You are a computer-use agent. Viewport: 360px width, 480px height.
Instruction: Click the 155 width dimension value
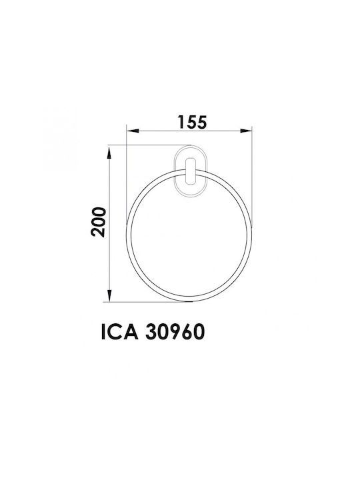point(192,122)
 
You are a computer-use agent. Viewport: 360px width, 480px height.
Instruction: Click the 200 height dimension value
point(98,221)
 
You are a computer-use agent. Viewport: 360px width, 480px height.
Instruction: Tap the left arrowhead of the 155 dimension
point(133,131)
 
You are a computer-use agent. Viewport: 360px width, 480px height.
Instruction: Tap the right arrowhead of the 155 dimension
point(246,131)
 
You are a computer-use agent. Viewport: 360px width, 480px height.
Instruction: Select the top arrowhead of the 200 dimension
point(109,153)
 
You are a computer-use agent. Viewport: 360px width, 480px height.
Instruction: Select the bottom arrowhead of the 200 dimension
point(109,295)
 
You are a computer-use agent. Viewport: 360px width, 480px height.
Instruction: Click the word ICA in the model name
point(120,332)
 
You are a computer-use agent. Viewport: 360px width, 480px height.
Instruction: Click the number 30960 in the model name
point(175,332)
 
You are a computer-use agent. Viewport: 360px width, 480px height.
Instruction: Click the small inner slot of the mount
point(191,171)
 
